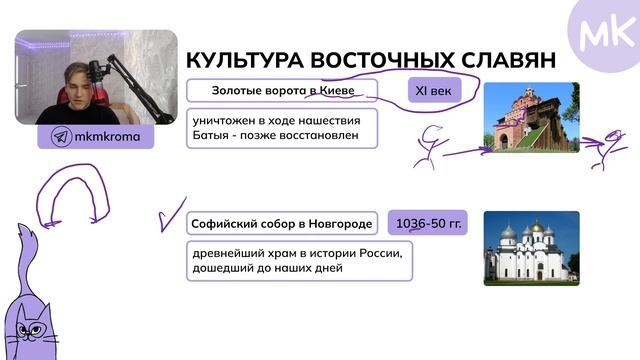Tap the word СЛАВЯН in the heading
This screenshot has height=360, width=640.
pos(509,60)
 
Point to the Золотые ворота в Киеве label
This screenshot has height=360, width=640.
pos(282,91)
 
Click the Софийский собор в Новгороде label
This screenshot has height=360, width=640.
pos(282,223)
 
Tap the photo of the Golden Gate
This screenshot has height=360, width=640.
pos(531,117)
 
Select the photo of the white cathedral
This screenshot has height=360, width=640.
pos(531,248)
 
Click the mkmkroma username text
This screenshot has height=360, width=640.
pos(107,137)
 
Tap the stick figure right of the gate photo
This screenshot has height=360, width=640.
pos(605,147)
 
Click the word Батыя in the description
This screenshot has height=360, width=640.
pos(215,136)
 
